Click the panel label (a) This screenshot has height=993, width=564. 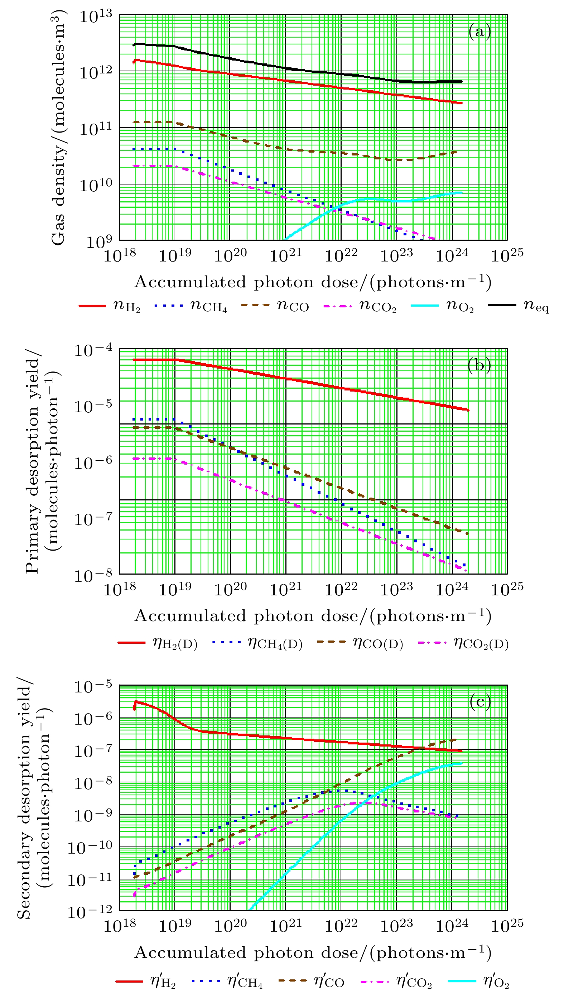[x=479, y=32]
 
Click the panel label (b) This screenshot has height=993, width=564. [x=479, y=365]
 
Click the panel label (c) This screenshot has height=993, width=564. [x=480, y=701]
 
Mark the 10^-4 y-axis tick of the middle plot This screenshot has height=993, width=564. [x=93, y=350]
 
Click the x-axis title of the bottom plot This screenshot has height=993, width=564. [x=313, y=952]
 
